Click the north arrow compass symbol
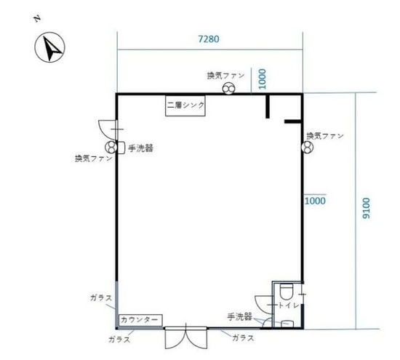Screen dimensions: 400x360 click(x=49, y=47)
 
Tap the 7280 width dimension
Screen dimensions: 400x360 click(x=209, y=39)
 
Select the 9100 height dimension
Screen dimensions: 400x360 click(x=366, y=208)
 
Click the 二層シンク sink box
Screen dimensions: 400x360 click(x=185, y=105)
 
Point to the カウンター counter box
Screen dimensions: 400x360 click(x=140, y=320)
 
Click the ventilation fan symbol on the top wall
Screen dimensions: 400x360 click(x=228, y=89)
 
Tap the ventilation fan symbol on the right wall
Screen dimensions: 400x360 click(x=308, y=148)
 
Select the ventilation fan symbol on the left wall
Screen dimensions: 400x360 click(x=111, y=147)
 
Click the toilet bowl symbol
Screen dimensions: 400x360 click(x=287, y=292)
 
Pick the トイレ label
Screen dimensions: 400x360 click(x=289, y=305)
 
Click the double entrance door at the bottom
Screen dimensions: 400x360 click(x=186, y=337)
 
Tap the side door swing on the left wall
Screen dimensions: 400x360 click(x=108, y=129)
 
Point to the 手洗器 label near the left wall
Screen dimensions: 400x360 click(x=140, y=148)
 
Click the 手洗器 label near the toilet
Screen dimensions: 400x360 click(x=239, y=317)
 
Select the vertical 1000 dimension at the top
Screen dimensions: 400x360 click(x=262, y=79)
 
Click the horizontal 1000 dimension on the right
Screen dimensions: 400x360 click(x=315, y=201)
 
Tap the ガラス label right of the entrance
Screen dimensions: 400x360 click(x=243, y=338)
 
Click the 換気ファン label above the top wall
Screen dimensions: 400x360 click(x=225, y=76)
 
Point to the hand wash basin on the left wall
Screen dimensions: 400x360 click(x=121, y=148)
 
